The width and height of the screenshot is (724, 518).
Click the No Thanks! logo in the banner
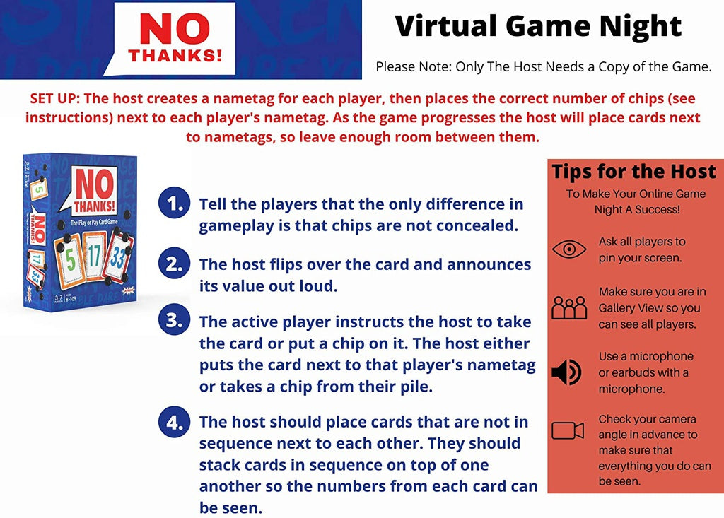(175, 39)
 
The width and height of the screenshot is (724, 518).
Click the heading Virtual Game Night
(538, 27)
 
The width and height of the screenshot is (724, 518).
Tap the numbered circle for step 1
(174, 203)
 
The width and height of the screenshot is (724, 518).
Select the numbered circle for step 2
(174, 264)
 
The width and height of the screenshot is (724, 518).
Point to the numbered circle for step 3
(174, 320)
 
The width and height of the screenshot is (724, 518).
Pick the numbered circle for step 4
(174, 421)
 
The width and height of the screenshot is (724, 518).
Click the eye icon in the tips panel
(569, 249)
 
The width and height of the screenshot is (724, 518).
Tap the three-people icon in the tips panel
(569, 307)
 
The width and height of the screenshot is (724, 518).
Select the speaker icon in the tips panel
(566, 372)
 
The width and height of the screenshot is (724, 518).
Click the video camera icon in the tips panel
(568, 430)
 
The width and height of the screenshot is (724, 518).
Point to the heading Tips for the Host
(634, 172)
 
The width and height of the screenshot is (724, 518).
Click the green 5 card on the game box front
(70, 258)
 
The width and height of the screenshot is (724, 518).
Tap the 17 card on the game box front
(94, 255)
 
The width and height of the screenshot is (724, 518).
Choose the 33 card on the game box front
(118, 257)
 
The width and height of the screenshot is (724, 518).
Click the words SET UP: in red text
(55, 98)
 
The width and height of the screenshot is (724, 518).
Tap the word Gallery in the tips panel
(617, 308)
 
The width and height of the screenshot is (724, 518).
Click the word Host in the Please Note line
(529, 67)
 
